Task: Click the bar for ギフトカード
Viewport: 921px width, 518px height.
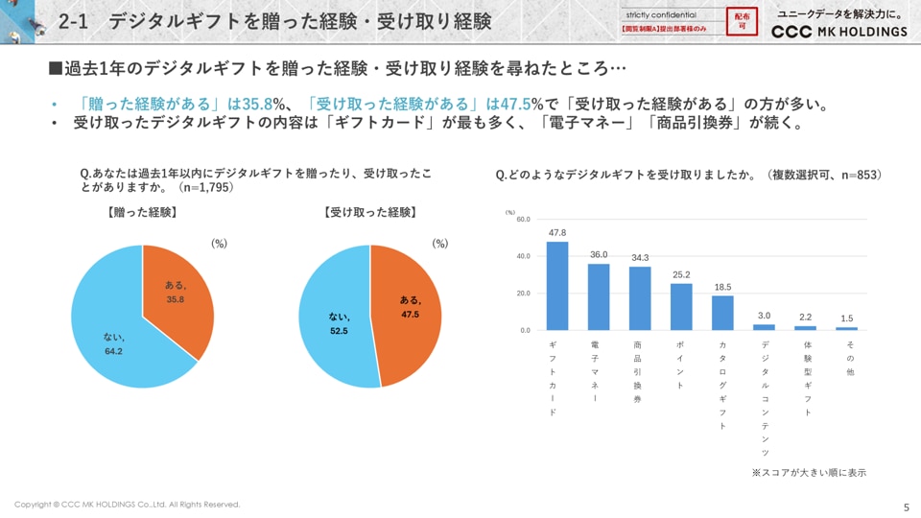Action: (557, 286)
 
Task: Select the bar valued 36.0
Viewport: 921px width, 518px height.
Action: (599, 296)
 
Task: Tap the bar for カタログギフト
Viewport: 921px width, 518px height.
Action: (722, 313)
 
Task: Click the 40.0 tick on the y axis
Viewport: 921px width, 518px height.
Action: (523, 256)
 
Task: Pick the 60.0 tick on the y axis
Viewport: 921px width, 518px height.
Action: (523, 220)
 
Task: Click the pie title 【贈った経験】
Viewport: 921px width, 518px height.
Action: (141, 213)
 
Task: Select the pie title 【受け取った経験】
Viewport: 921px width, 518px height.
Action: (370, 213)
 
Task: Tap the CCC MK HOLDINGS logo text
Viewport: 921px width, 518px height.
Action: (839, 32)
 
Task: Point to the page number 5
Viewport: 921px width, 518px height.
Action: (907, 507)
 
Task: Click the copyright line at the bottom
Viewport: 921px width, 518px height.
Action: (128, 505)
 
